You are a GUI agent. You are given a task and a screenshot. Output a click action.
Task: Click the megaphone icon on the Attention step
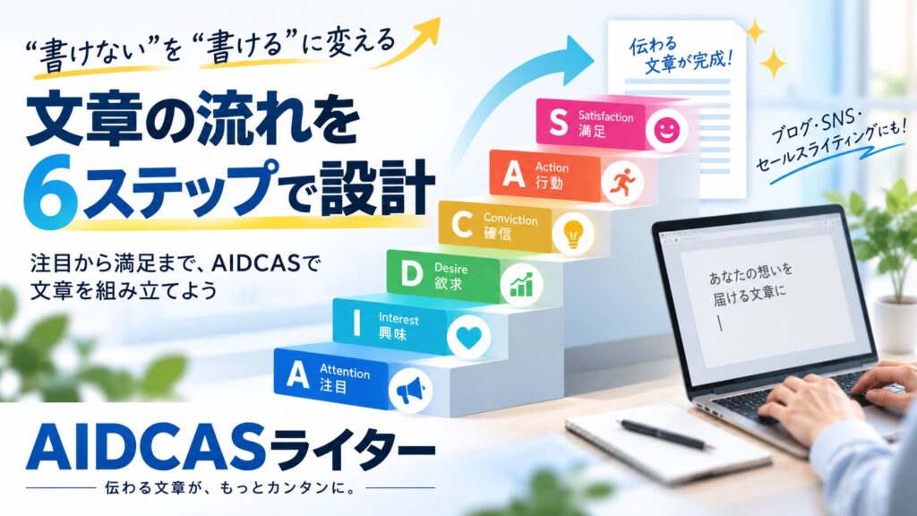(410, 391)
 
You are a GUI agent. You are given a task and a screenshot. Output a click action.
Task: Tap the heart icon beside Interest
(468, 338)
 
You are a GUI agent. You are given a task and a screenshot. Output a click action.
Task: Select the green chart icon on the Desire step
(521, 284)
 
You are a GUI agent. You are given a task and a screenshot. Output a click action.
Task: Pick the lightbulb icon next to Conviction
(572, 233)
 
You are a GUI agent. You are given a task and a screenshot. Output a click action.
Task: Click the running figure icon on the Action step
(621, 183)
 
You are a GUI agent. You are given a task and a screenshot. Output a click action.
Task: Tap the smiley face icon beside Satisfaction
(666, 131)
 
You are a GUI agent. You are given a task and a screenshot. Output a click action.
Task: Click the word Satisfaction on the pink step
(606, 116)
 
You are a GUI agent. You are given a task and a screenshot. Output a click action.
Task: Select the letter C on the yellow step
(462, 224)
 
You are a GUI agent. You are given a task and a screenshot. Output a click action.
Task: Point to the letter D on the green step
(412, 274)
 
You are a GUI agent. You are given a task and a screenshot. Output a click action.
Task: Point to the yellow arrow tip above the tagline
(430, 28)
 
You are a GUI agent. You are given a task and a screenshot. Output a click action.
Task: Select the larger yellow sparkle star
(773, 64)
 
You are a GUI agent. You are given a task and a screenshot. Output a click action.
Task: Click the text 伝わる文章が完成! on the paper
(681, 55)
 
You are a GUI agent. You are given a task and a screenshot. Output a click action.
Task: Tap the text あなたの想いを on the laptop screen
(750, 273)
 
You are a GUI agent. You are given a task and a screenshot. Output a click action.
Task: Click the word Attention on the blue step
(345, 371)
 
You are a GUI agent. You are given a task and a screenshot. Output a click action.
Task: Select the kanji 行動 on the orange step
(549, 183)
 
